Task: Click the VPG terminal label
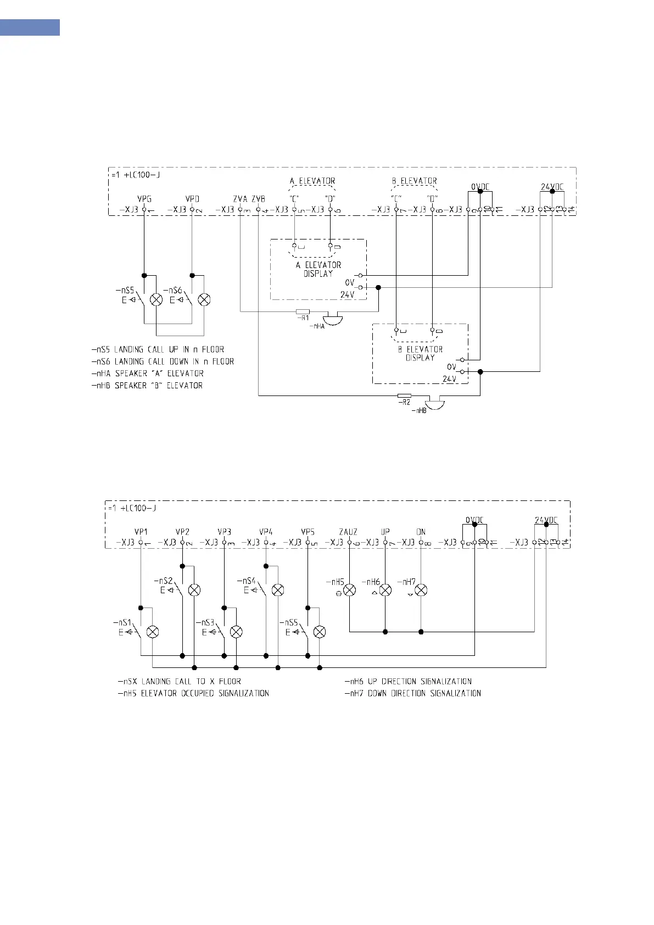point(144,199)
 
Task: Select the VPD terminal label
point(192,199)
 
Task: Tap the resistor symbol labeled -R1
point(303,311)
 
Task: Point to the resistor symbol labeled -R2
point(404,395)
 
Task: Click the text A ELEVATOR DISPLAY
point(318,269)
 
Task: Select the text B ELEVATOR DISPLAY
point(420,353)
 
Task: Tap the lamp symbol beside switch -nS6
point(204,299)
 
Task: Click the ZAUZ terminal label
point(348,532)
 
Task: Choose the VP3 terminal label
point(224,532)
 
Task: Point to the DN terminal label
point(421,532)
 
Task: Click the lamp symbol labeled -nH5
point(350,590)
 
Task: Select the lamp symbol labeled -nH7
point(421,590)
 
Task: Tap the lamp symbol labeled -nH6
point(385,590)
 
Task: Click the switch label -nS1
point(122,623)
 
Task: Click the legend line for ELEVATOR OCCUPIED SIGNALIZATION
point(193,693)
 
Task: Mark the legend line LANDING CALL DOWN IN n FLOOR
point(163,361)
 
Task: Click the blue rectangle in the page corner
point(30,27)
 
